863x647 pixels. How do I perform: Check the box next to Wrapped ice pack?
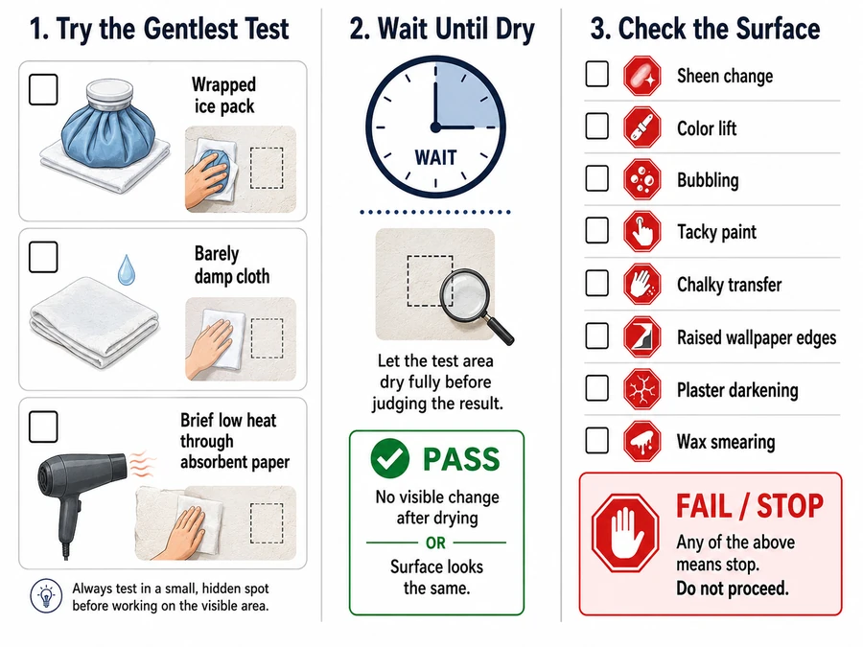pyautogui.click(x=43, y=89)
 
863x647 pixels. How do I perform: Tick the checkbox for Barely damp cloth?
pyautogui.click(x=43, y=257)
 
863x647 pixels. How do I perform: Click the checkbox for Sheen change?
pyautogui.click(x=597, y=74)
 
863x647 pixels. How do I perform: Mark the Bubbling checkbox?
pyautogui.click(x=597, y=179)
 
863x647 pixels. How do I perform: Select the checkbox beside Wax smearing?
pyautogui.click(x=597, y=440)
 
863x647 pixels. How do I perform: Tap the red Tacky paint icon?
pyautogui.click(x=641, y=231)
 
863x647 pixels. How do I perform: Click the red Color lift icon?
pyautogui.click(x=641, y=127)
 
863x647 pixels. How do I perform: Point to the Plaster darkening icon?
pyautogui.click(x=641, y=389)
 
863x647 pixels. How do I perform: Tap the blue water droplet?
pyautogui.click(x=127, y=269)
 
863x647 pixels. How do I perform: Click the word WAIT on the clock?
pyautogui.click(x=435, y=158)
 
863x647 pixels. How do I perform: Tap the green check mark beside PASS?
pyautogui.click(x=389, y=458)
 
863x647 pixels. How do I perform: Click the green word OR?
pyautogui.click(x=435, y=543)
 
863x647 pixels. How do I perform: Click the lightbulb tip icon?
pyautogui.click(x=46, y=596)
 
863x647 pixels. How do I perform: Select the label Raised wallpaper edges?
pyautogui.click(x=757, y=337)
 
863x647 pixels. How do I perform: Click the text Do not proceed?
pyautogui.click(x=733, y=589)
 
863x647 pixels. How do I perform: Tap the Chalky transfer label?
pyautogui.click(x=730, y=285)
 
